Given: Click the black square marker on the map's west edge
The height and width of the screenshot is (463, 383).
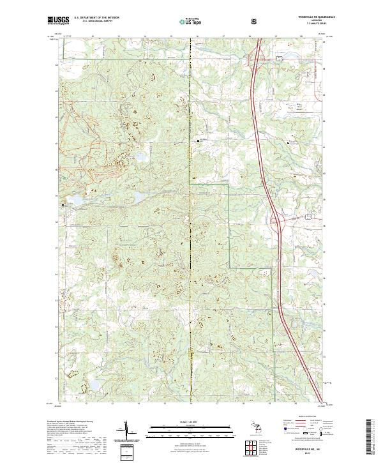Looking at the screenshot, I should pyautogui.click(x=63, y=205).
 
